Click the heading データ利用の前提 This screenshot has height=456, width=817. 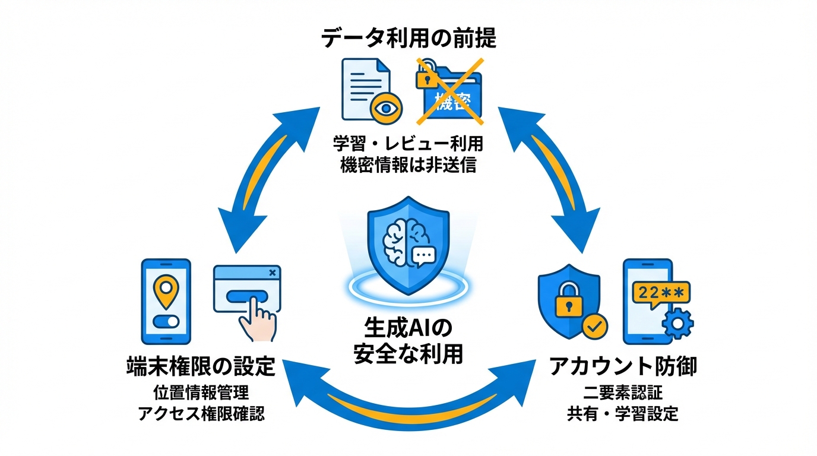tap(408, 39)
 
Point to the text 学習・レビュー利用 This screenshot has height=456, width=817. tap(408, 144)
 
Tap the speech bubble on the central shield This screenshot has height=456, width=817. tap(423, 256)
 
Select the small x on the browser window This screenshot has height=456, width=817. tap(272, 273)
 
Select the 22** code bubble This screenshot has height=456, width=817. tap(661, 293)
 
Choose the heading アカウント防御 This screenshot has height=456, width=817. tap(623, 366)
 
